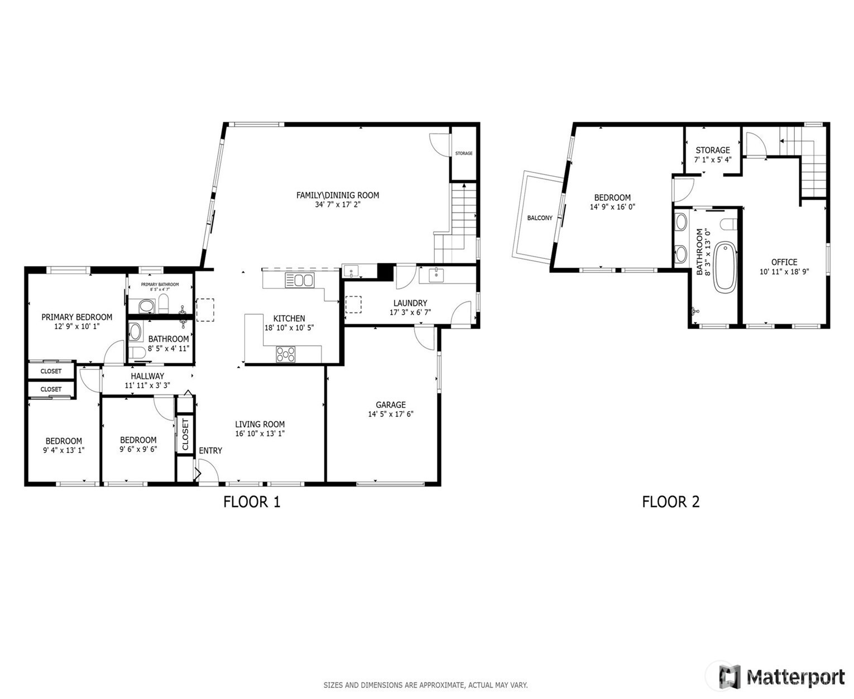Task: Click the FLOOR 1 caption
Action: pyautogui.click(x=252, y=502)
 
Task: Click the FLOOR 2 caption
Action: pyautogui.click(x=670, y=502)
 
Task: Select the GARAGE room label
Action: pyautogui.click(x=390, y=405)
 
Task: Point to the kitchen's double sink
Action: pyautogui.click(x=299, y=280)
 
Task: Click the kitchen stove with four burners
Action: pyautogui.click(x=285, y=355)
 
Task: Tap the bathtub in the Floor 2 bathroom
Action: pyautogui.click(x=725, y=267)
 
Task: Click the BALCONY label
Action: pyautogui.click(x=540, y=218)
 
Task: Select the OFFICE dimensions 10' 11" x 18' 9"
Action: pyautogui.click(x=784, y=272)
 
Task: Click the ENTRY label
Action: pyautogui.click(x=210, y=451)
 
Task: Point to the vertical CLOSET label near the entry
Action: pyautogui.click(x=185, y=435)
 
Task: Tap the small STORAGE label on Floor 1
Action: pyautogui.click(x=464, y=153)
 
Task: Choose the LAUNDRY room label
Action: pyautogui.click(x=410, y=303)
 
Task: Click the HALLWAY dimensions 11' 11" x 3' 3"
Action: pyautogui.click(x=147, y=385)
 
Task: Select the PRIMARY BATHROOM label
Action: pyautogui.click(x=160, y=285)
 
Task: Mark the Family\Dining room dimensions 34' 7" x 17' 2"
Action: pyautogui.click(x=338, y=205)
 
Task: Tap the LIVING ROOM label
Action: pyautogui.click(x=260, y=424)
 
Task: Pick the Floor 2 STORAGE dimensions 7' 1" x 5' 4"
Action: pyautogui.click(x=713, y=160)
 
